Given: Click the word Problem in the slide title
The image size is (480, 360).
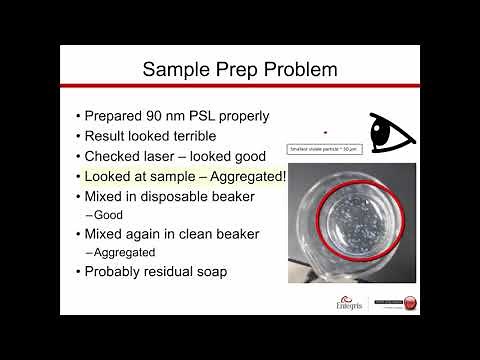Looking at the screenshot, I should (291, 69).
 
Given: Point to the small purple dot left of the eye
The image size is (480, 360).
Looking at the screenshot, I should (325, 131).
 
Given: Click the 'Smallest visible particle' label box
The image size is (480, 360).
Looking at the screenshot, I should (325, 150).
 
